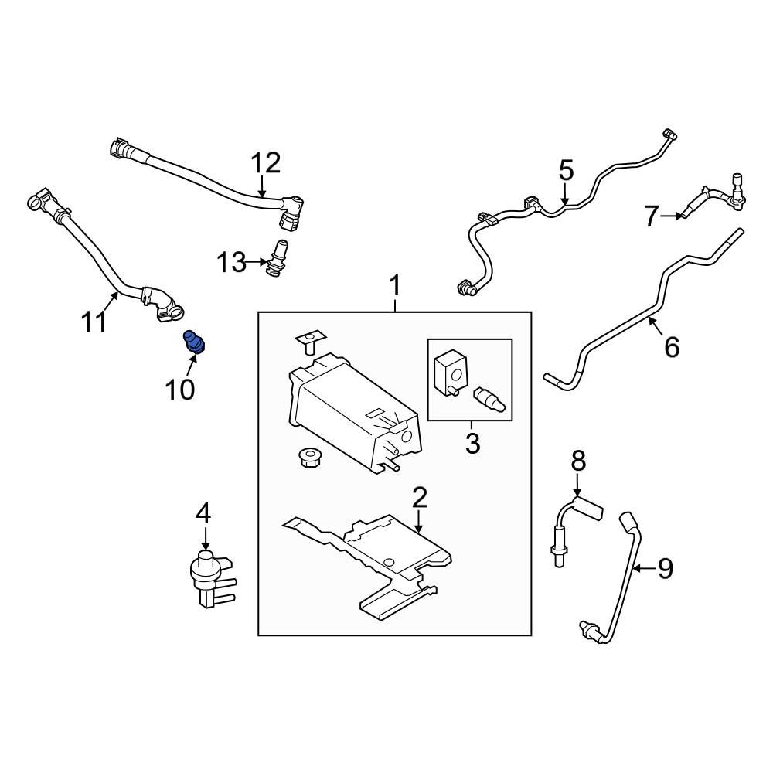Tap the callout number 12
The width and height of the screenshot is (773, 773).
pyautogui.click(x=265, y=164)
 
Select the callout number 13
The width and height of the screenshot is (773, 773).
pyautogui.click(x=230, y=263)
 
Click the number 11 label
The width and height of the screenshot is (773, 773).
pyautogui.click(x=94, y=321)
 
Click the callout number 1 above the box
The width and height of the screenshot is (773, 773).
pyautogui.click(x=395, y=287)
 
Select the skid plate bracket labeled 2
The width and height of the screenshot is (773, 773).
pyautogui.click(x=371, y=557)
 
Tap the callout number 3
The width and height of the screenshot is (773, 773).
pyautogui.click(x=472, y=444)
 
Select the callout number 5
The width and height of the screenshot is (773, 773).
pyautogui.click(x=566, y=170)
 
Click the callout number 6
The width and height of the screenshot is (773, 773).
pyautogui.click(x=672, y=348)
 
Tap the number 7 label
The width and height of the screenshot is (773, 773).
pyautogui.click(x=652, y=216)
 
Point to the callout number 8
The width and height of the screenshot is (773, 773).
pyautogui.click(x=578, y=461)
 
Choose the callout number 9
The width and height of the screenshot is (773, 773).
pyautogui.click(x=664, y=569)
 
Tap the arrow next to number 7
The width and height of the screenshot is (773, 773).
pyautogui.click(x=675, y=216)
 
